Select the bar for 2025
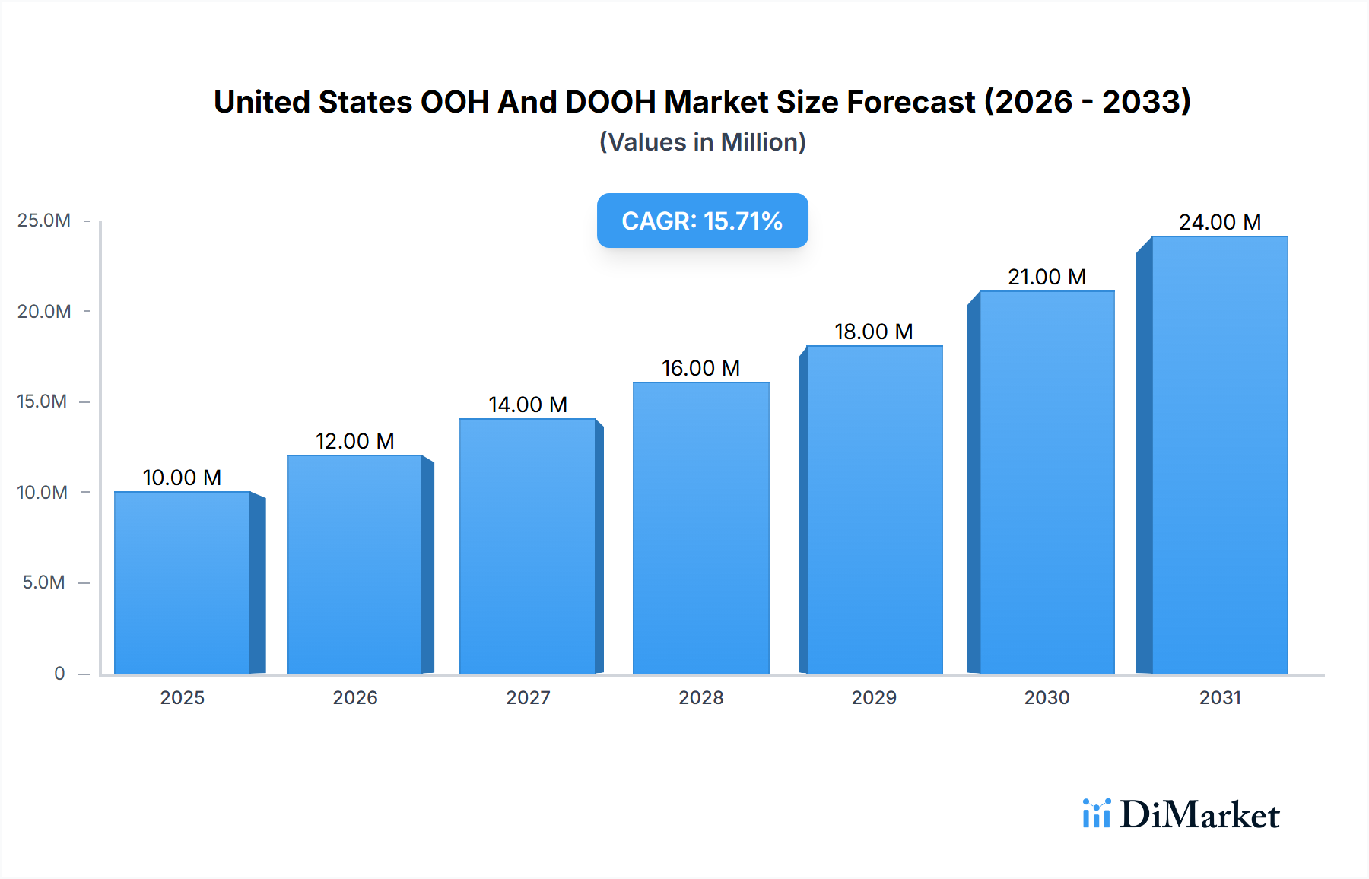[183, 582]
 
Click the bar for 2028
[700, 528]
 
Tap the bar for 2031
[1219, 455]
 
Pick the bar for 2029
[874, 509]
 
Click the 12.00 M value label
[354, 441]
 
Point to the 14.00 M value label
[528, 405]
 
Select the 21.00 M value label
[1047, 277]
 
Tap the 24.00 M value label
[1219, 222]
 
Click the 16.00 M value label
[700, 368]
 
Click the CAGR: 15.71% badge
[702, 221]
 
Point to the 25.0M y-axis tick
[44, 221]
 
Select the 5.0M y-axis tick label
[44, 582]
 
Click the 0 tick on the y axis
[59, 673]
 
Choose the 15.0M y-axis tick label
[43, 401]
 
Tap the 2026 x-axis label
[354, 697]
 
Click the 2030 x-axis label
[1047, 697]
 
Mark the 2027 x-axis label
[528, 697]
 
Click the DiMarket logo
[1180, 814]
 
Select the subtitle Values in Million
[702, 142]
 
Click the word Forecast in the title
[910, 102]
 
